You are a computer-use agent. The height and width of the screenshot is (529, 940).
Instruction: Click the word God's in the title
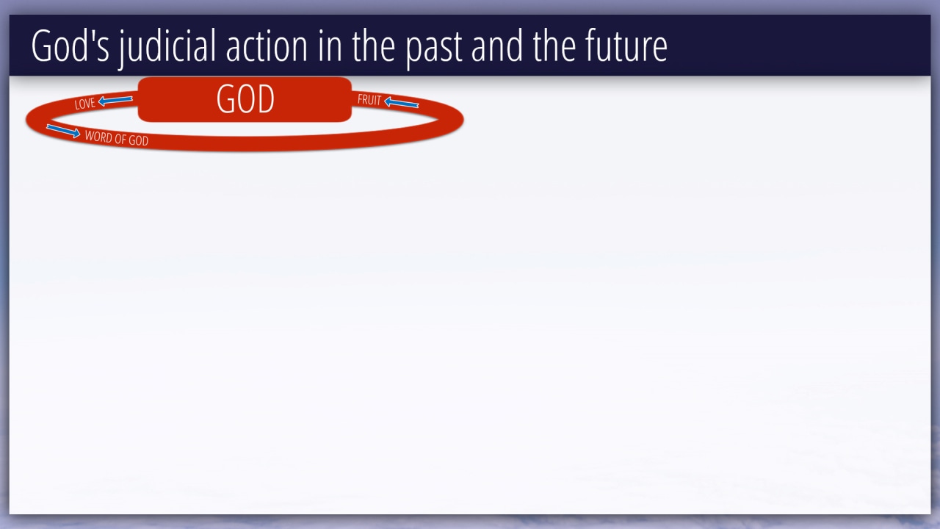click(70, 46)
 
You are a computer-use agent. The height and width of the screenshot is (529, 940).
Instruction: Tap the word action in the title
click(267, 46)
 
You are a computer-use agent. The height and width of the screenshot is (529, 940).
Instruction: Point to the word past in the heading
click(433, 49)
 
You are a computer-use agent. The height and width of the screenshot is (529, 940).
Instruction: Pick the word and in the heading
click(497, 46)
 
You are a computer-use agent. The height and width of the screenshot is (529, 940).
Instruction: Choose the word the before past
click(374, 46)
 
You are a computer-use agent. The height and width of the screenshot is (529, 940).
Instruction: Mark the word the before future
click(554, 46)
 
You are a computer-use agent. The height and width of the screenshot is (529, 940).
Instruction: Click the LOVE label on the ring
click(84, 104)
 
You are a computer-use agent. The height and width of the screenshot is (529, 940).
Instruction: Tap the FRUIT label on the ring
click(369, 100)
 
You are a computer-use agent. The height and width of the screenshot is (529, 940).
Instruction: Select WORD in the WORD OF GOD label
click(98, 137)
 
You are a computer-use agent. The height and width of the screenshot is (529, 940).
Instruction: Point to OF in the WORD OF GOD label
click(120, 139)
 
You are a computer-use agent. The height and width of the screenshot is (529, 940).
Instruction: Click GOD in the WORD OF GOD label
click(139, 140)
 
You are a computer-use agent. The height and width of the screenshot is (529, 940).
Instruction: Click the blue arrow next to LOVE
click(115, 101)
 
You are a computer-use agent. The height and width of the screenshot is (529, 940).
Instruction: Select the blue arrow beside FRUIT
click(401, 102)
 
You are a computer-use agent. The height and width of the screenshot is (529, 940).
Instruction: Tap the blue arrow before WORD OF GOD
click(63, 131)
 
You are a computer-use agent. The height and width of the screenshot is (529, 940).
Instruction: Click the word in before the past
click(330, 46)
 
